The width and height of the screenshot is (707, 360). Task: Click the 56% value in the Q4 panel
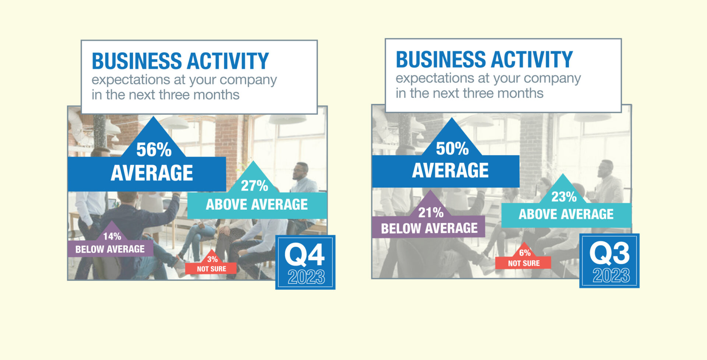[154, 150]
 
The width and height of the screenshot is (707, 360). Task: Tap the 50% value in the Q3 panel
[452, 148]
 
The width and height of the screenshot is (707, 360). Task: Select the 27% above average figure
[254, 186]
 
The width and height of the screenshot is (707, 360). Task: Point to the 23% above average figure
[564, 197]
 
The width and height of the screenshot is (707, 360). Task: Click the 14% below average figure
[112, 236]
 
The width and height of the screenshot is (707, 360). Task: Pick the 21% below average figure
[431, 212]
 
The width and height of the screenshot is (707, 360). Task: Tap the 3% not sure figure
[212, 259]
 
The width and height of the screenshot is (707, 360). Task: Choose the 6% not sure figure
[525, 253]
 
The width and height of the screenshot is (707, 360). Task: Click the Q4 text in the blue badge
[305, 255]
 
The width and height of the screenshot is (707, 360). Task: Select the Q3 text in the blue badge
[609, 253]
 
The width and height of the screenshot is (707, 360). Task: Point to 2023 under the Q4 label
[306, 277]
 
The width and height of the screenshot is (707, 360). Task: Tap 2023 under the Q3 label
[611, 275]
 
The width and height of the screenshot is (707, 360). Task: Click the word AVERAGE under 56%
[152, 173]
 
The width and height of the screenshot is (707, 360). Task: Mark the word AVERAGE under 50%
[450, 170]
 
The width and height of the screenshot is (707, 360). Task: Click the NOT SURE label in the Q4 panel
[211, 269]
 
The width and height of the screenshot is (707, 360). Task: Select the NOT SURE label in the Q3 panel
[524, 263]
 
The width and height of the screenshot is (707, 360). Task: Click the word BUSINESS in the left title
[137, 61]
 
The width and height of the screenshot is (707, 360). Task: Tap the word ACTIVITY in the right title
[531, 59]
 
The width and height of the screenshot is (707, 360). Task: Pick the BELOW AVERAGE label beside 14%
[110, 249]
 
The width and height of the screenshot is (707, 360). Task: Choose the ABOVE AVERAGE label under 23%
[566, 214]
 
